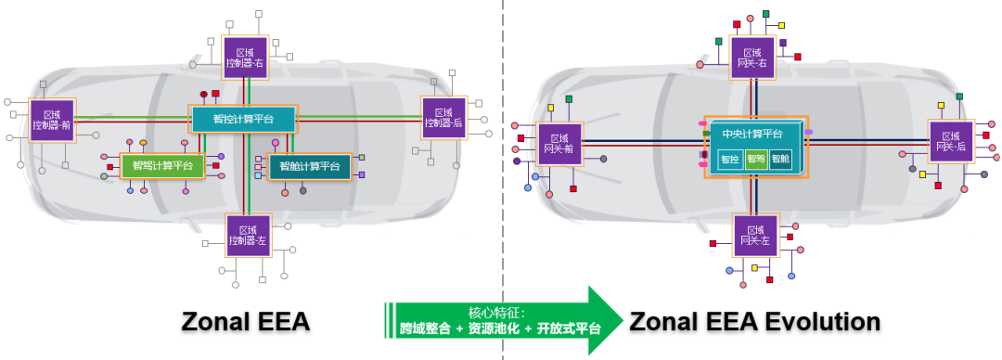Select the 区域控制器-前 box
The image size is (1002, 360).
52,120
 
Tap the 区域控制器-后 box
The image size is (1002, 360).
443,117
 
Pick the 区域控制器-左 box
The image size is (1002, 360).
248,235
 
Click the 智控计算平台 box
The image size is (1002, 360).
243,119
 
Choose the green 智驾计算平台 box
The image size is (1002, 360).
162,166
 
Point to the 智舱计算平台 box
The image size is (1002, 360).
310,166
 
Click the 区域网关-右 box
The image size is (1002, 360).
752,57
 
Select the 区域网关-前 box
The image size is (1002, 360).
559,143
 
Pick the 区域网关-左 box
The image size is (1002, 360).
755,236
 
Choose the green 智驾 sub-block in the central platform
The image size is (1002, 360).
756,159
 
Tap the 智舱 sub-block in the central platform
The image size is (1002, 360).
781,159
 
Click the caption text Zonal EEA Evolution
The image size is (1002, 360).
754,322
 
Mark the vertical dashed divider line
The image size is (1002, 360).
502,186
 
